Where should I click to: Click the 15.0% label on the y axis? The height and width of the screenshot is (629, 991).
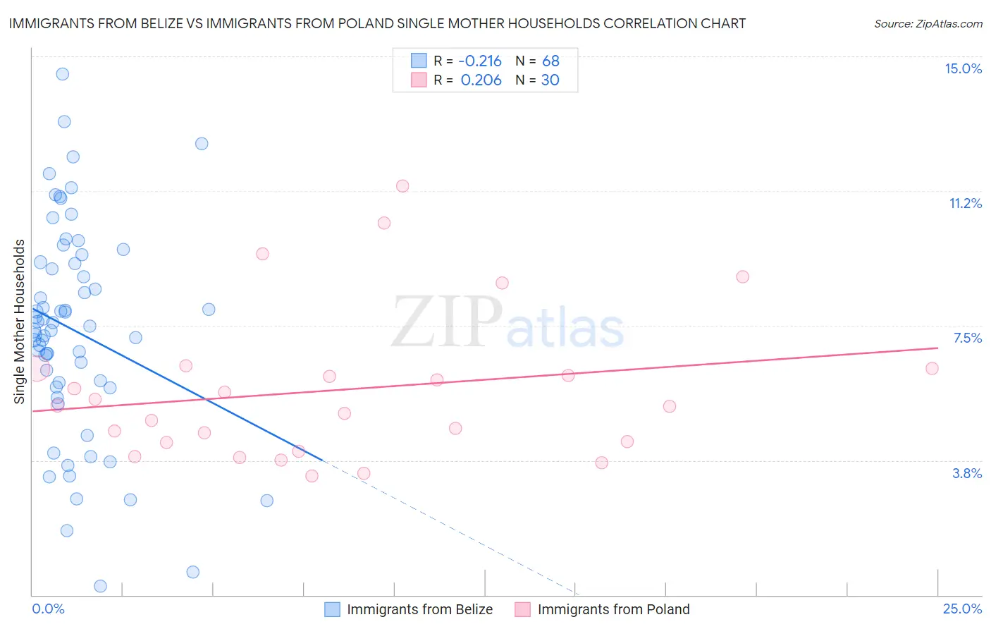pyautogui.click(x=963, y=68)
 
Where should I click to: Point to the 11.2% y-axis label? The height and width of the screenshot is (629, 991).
pyautogui.click(x=965, y=203)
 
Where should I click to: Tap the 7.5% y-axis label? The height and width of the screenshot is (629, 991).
pyautogui.click(x=967, y=338)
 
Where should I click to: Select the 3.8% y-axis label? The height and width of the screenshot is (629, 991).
pyautogui.click(x=967, y=473)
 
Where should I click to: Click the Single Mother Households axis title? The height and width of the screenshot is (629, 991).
pyautogui.click(x=20, y=322)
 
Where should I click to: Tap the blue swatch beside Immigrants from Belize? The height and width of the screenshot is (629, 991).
pyautogui.click(x=332, y=609)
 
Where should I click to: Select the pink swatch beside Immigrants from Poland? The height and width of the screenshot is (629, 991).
pyautogui.click(x=522, y=609)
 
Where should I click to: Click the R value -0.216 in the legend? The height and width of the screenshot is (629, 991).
pyautogui.click(x=481, y=61)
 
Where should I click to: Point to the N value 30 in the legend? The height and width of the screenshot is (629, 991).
pyautogui.click(x=550, y=80)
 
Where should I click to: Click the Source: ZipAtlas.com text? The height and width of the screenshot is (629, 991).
pyautogui.click(x=928, y=23)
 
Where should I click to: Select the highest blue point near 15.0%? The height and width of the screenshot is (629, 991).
pyautogui.click(x=63, y=74)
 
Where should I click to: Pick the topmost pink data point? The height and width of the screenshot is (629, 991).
pyautogui.click(x=402, y=186)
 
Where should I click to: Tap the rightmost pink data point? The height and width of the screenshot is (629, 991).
pyautogui.click(x=932, y=368)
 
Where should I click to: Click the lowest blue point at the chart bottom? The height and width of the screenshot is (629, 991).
pyautogui.click(x=100, y=586)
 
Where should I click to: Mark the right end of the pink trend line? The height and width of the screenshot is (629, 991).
pyautogui.click(x=937, y=348)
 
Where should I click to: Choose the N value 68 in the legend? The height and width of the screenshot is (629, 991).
pyautogui.click(x=550, y=61)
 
